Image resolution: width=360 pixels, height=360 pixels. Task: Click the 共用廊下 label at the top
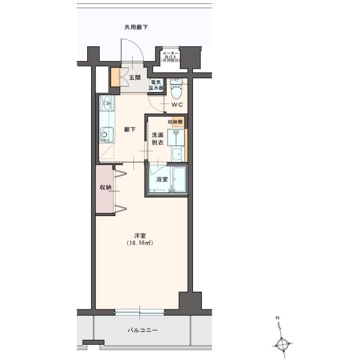coord(136,28)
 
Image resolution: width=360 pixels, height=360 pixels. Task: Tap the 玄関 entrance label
coord(135,78)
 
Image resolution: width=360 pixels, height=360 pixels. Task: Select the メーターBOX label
coord(171,56)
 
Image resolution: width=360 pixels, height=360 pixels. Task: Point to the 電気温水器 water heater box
coord(156,85)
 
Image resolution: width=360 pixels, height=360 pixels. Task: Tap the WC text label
coord(177,105)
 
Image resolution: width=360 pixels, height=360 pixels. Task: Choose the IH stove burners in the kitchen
coord(107,103)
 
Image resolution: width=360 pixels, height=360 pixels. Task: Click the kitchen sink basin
coord(107,135)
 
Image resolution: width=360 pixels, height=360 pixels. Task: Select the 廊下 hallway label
coord(130,130)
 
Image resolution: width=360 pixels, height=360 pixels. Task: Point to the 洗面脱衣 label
coord(157,139)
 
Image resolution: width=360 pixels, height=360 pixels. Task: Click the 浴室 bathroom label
coord(162,179)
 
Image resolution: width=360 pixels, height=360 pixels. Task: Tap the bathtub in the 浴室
coord(179,179)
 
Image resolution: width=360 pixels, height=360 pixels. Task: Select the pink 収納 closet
coord(105,189)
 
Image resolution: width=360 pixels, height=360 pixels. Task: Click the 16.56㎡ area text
coord(140,243)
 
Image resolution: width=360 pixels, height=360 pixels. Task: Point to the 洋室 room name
coord(140,236)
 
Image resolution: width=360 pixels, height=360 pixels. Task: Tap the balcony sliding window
coord(140,312)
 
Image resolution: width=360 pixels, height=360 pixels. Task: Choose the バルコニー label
coord(142,330)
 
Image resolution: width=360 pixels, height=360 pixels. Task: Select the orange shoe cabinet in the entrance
coord(115,78)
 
